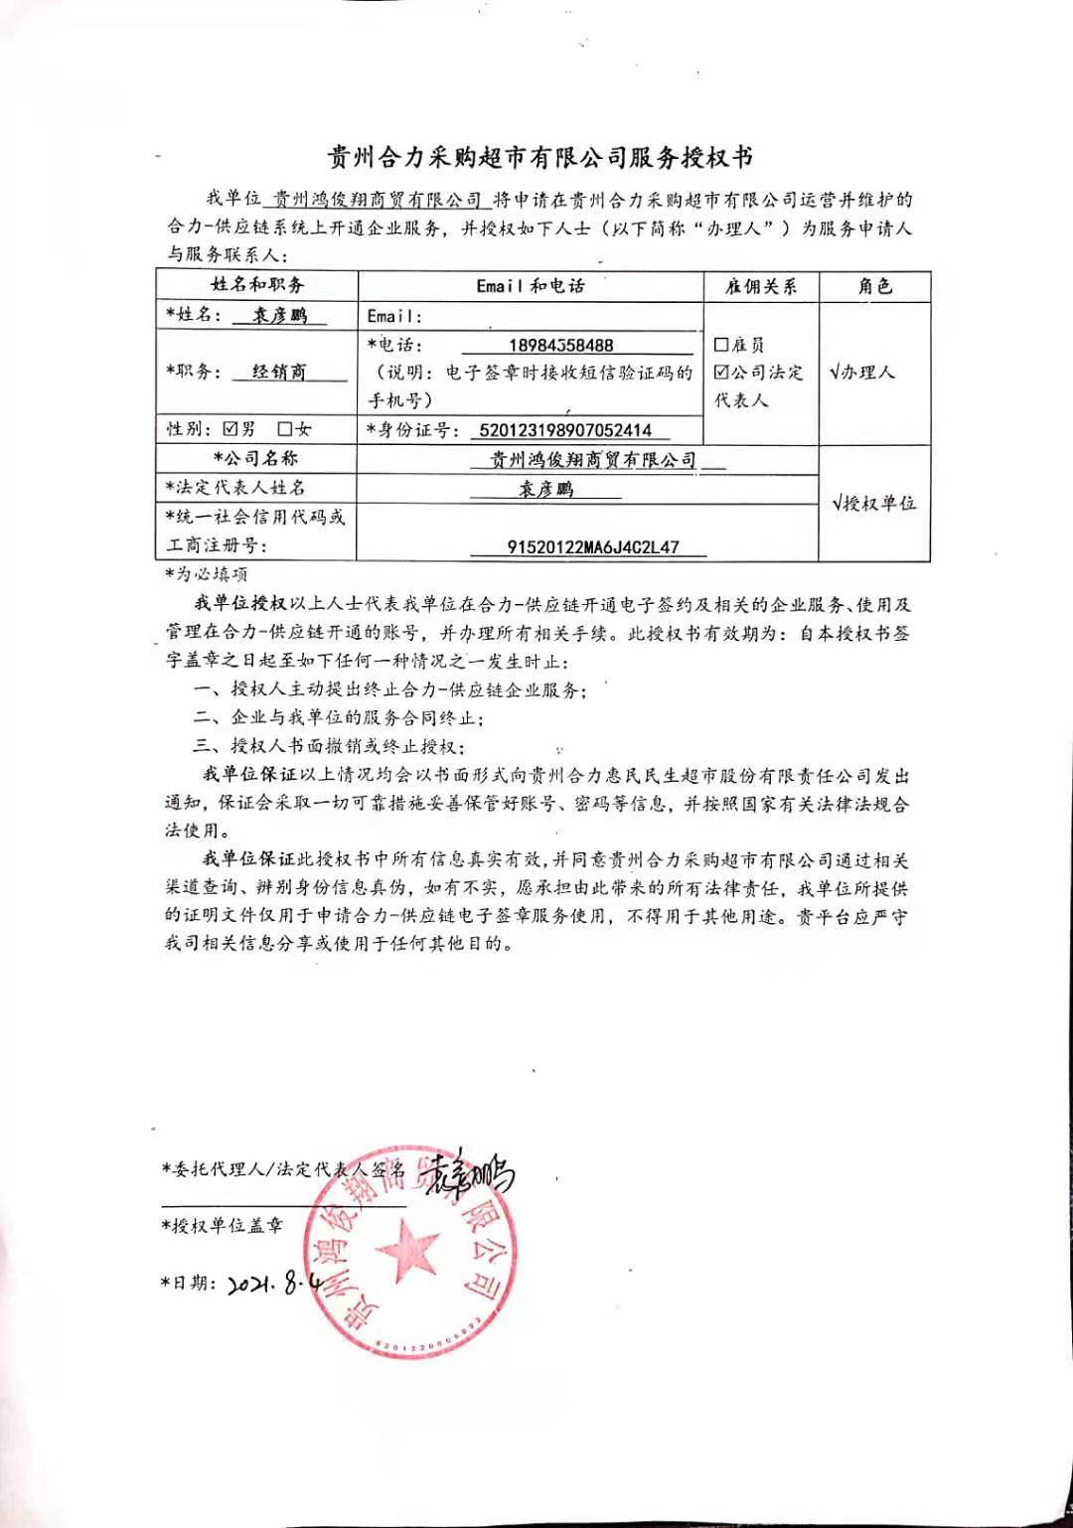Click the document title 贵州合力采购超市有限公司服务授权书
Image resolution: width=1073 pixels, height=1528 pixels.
pyautogui.click(x=540, y=157)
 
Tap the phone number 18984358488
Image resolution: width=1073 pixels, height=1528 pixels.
pyautogui.click(x=560, y=345)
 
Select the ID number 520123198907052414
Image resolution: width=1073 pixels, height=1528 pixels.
pyautogui.click(x=564, y=430)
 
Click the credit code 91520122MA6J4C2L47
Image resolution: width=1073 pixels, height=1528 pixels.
pyautogui.click(x=593, y=546)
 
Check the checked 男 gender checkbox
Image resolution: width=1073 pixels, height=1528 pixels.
pyautogui.click(x=230, y=429)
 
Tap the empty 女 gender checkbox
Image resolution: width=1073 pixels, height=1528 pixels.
pyautogui.click(x=285, y=429)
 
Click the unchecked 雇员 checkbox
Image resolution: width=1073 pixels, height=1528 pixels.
pyautogui.click(x=721, y=345)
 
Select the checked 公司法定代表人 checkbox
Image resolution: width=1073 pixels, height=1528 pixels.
pyautogui.click(x=721, y=372)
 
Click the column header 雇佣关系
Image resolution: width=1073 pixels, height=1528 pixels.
pyautogui.click(x=760, y=286)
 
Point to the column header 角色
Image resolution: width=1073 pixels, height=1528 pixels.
pyautogui.click(x=874, y=286)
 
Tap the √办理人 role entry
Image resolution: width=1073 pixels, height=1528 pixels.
pyautogui.click(x=861, y=373)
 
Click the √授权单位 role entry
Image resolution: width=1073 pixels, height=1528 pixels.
pyautogui.click(x=873, y=503)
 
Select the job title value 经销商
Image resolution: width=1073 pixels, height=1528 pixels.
pyautogui.click(x=279, y=372)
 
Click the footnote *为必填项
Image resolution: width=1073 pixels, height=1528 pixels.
pyautogui.click(x=207, y=574)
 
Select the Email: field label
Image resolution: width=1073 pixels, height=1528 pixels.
pyautogui.click(x=394, y=316)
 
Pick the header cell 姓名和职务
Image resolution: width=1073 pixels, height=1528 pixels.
pyautogui.click(x=256, y=285)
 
